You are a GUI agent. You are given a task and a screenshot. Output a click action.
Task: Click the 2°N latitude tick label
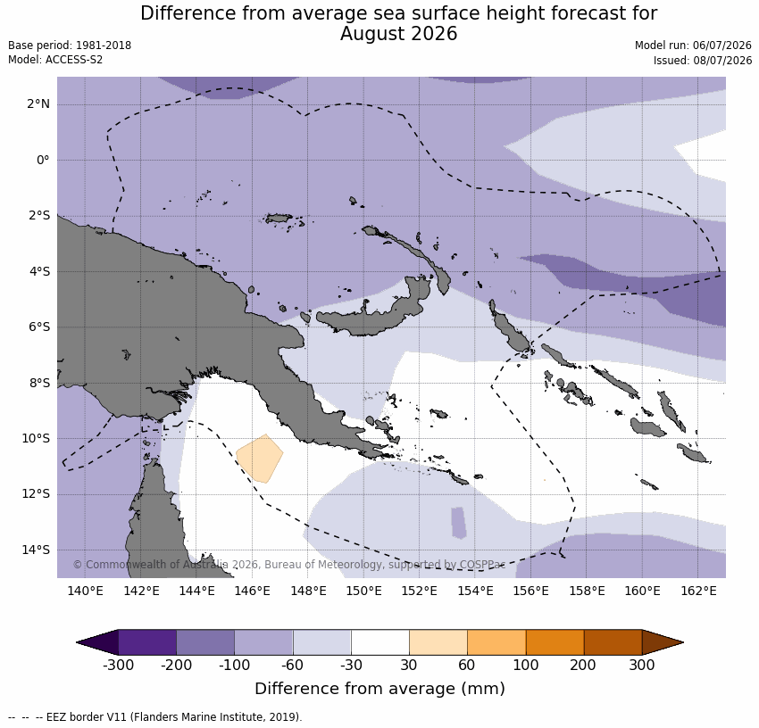[38, 104]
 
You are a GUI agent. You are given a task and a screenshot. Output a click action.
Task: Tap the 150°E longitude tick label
[364, 591]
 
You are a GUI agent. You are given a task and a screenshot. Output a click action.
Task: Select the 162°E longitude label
[698, 591]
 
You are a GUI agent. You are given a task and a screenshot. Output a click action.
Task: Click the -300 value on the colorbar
[118, 666]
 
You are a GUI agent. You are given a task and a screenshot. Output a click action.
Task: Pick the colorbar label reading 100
[526, 666]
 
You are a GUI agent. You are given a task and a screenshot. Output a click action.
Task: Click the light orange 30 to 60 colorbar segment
[438, 642]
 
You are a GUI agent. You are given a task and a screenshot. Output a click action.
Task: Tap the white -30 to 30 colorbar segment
[380, 642]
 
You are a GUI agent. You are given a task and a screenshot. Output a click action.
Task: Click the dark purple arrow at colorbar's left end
[98, 642]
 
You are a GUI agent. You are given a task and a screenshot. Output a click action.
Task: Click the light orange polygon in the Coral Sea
[260, 458]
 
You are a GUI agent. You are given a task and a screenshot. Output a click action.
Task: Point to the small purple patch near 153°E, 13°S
[459, 523]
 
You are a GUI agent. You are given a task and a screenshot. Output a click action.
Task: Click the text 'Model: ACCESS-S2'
[55, 60]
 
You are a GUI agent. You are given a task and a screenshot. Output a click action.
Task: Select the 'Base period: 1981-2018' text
[70, 45]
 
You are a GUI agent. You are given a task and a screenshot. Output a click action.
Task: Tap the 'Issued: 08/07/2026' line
[703, 61]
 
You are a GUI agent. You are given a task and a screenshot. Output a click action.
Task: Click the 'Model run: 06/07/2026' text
[693, 45]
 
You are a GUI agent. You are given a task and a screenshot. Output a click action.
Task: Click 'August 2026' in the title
[398, 34]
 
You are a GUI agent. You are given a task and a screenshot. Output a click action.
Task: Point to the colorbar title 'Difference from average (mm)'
[379, 689]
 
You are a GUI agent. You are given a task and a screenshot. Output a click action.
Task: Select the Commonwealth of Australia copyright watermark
[289, 565]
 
